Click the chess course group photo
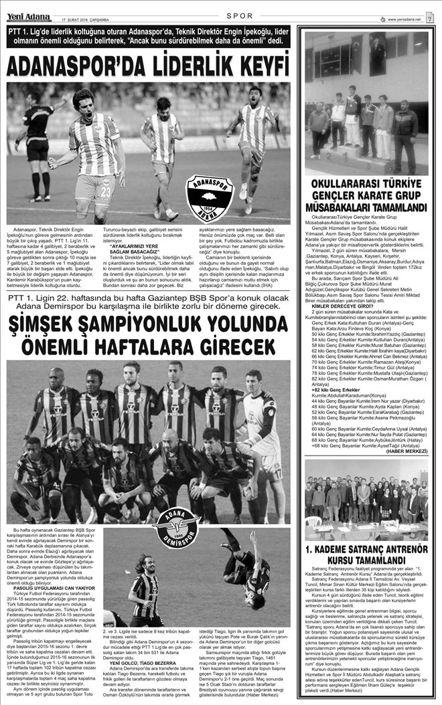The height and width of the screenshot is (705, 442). click(366, 498)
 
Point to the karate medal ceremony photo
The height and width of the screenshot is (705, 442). click(366, 104)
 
